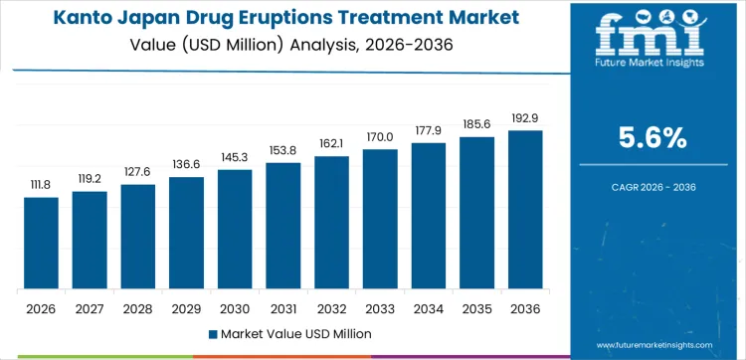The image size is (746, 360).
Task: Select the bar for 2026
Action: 41,244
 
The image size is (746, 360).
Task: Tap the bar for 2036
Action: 525,210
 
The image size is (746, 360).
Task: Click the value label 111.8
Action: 41,185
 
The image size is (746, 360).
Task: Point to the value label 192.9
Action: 525,118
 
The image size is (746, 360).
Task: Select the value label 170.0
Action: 380,137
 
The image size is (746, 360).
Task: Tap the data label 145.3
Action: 235,158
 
